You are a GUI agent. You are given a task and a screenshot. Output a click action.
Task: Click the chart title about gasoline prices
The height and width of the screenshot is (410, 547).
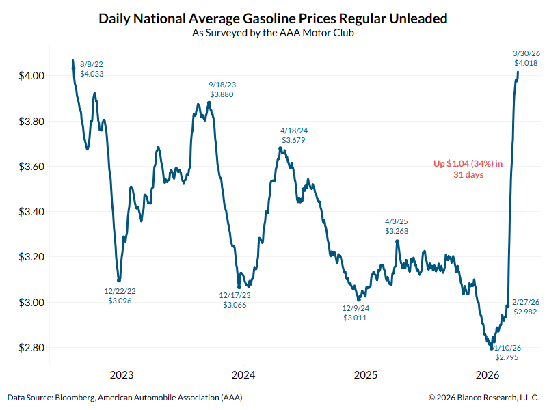tap(273, 18)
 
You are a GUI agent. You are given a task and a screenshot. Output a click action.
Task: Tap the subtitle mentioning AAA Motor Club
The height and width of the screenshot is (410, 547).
tap(273, 33)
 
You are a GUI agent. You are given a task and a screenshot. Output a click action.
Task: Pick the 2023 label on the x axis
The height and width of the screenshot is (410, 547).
tap(121, 375)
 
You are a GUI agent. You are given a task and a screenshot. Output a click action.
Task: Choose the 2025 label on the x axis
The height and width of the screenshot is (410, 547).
tap(365, 375)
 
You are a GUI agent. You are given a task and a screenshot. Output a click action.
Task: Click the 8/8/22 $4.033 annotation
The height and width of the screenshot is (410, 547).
tap(92, 68)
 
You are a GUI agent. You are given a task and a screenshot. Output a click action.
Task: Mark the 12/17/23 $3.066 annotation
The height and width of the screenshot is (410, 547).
tap(234, 300)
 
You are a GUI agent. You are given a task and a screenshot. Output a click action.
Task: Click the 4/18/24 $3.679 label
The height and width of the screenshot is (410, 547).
tap(293, 135)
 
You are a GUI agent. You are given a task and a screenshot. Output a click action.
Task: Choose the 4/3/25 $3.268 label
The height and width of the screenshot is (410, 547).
tap(398, 226)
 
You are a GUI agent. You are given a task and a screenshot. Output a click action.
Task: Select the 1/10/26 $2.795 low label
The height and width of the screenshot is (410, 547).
tap(507, 352)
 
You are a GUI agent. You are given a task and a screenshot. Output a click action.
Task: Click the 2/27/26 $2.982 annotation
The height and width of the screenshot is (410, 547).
tap(525, 307)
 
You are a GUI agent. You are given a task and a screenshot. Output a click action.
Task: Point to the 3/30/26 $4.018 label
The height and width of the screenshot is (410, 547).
tap(526, 57)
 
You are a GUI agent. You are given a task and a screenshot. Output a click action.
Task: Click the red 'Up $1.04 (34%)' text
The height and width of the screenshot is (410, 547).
tap(468, 169)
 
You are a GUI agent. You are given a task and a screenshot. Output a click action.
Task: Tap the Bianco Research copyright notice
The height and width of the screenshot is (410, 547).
tap(483, 397)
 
